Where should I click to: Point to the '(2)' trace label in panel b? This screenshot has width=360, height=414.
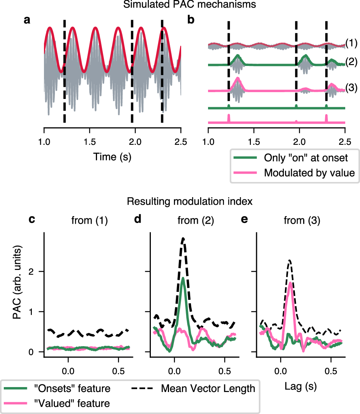click(x=351, y=61)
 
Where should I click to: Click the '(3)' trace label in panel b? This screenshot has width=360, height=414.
click(x=351, y=88)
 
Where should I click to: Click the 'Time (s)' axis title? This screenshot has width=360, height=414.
click(x=113, y=156)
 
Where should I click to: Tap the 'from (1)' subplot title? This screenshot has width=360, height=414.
click(x=90, y=220)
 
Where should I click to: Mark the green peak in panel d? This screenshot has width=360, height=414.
click(x=183, y=278)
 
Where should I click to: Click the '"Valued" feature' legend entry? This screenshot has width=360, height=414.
click(x=74, y=403)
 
